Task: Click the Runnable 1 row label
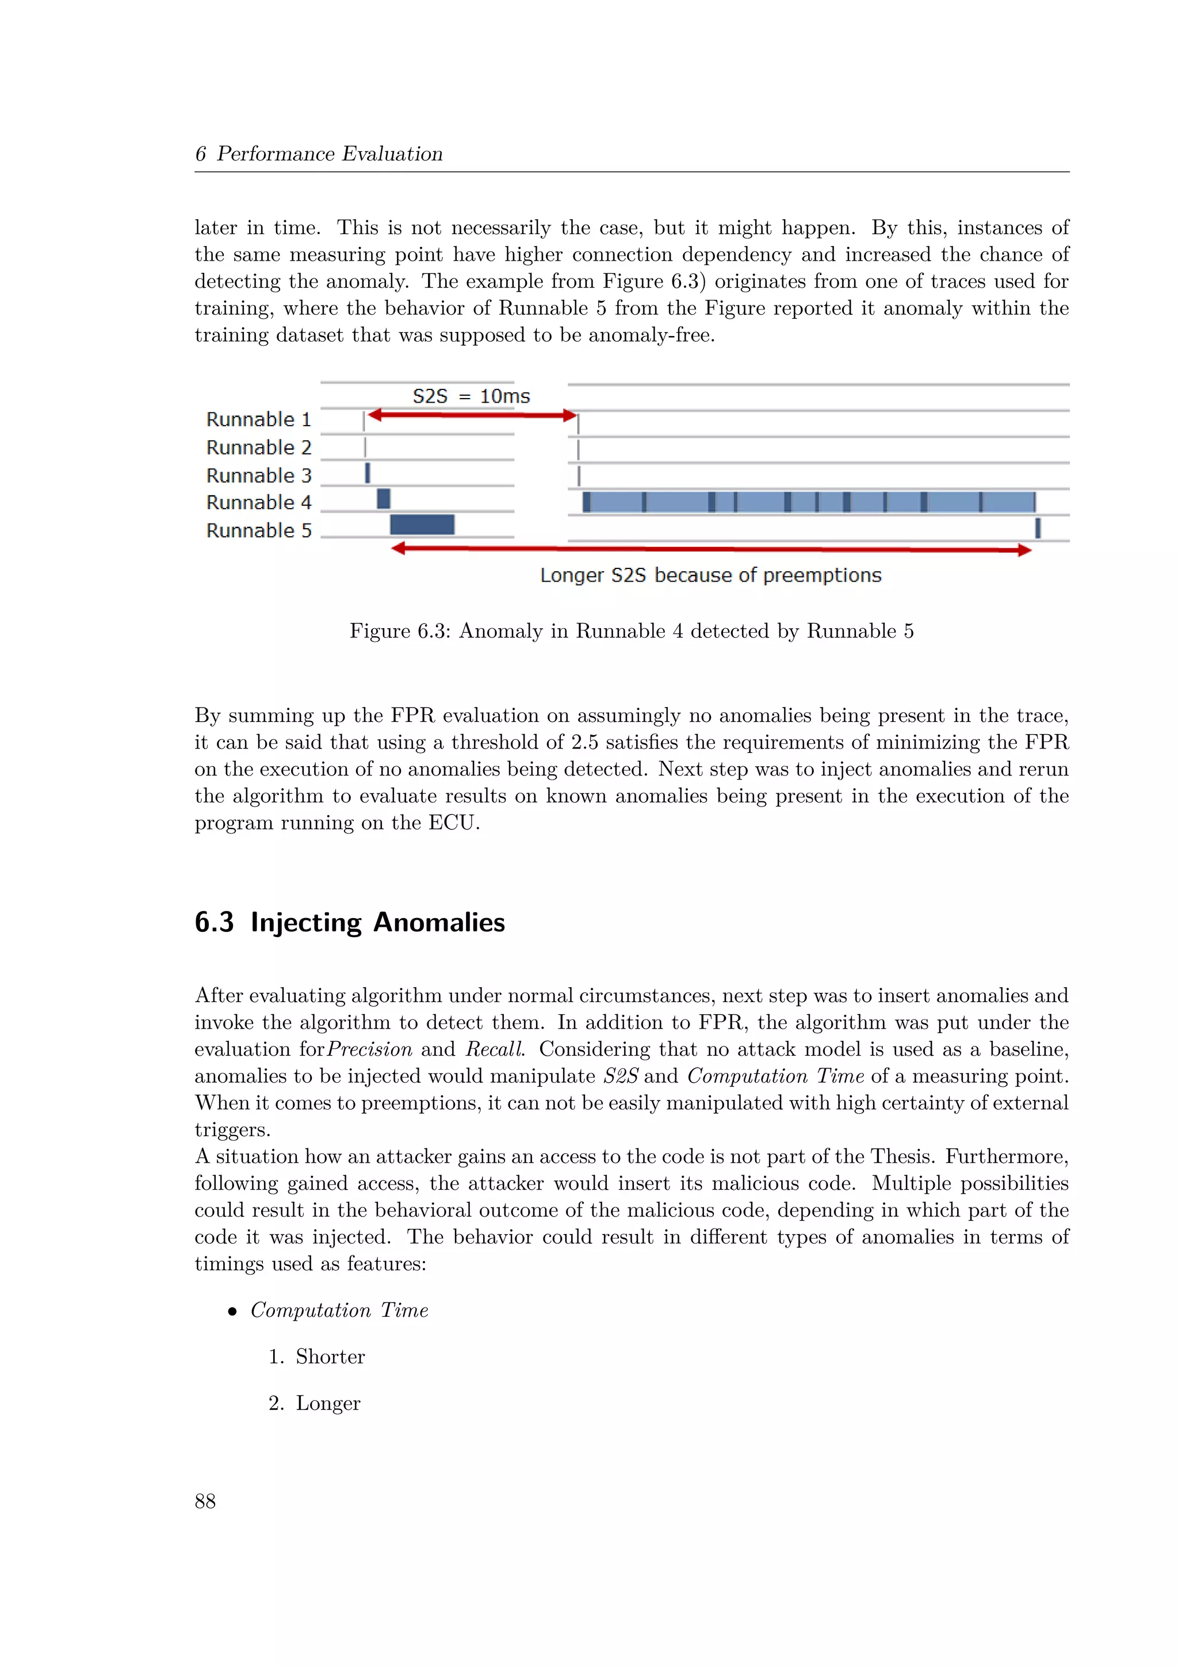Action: pyautogui.click(x=258, y=419)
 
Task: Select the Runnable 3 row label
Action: pyautogui.click(x=258, y=475)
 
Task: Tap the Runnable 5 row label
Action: pyautogui.click(x=258, y=530)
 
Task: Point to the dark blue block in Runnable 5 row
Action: pyautogui.click(x=422, y=524)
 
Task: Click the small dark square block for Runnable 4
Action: pyautogui.click(x=384, y=499)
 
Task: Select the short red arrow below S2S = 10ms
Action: pyautogui.click(x=472, y=415)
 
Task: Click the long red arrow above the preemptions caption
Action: pyautogui.click(x=711, y=549)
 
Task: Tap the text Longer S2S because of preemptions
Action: pyautogui.click(x=710, y=575)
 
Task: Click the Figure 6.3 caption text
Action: pyautogui.click(x=631, y=631)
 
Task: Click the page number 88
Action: pyautogui.click(x=205, y=1500)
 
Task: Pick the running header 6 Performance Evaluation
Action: pyautogui.click(x=319, y=154)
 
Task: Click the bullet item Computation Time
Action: pyautogui.click(x=339, y=1310)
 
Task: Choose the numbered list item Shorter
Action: pyautogui.click(x=330, y=1356)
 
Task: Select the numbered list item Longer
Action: pyautogui.click(x=327, y=1403)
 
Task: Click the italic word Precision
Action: pyautogui.click(x=369, y=1049)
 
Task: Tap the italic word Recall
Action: pyautogui.click(x=494, y=1049)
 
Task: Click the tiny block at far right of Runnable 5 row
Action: pyautogui.click(x=1038, y=528)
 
